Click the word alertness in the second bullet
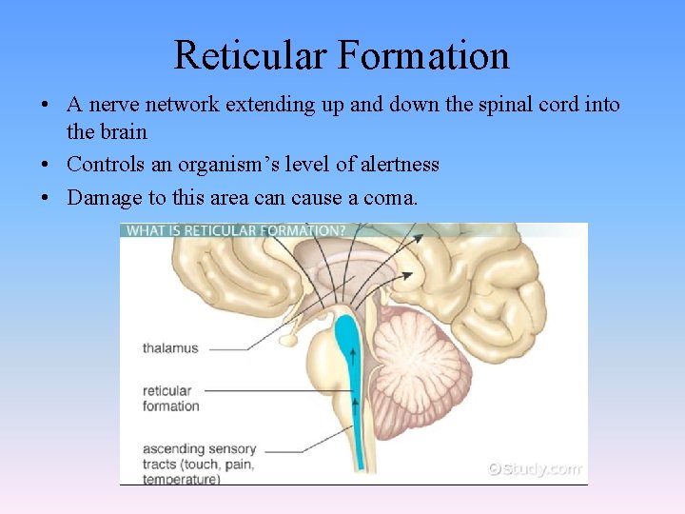pos(396,165)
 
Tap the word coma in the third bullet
pos(390,198)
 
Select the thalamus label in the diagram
pos(170,347)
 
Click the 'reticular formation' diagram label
pos(170,398)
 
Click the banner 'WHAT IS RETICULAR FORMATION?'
pos(235,230)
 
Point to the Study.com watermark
pos(533,468)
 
